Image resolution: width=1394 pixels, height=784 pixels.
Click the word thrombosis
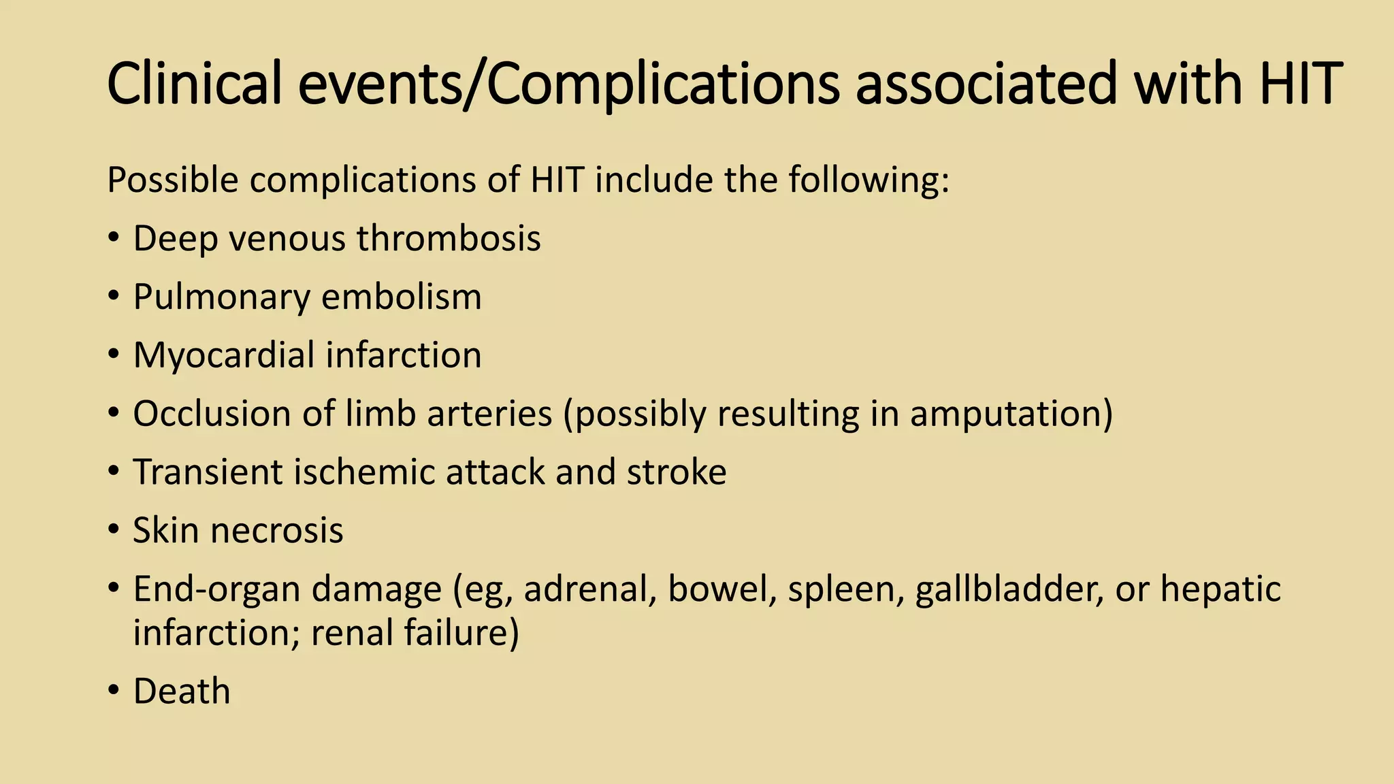(x=449, y=239)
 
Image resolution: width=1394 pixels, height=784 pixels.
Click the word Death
(x=182, y=691)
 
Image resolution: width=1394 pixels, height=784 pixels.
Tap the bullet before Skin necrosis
(x=114, y=531)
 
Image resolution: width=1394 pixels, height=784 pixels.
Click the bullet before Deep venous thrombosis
(x=114, y=239)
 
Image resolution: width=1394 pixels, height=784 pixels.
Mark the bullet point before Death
(x=114, y=691)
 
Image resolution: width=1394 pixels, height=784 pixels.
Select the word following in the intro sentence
(x=868, y=181)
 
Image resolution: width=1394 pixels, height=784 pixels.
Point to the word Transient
(x=208, y=472)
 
